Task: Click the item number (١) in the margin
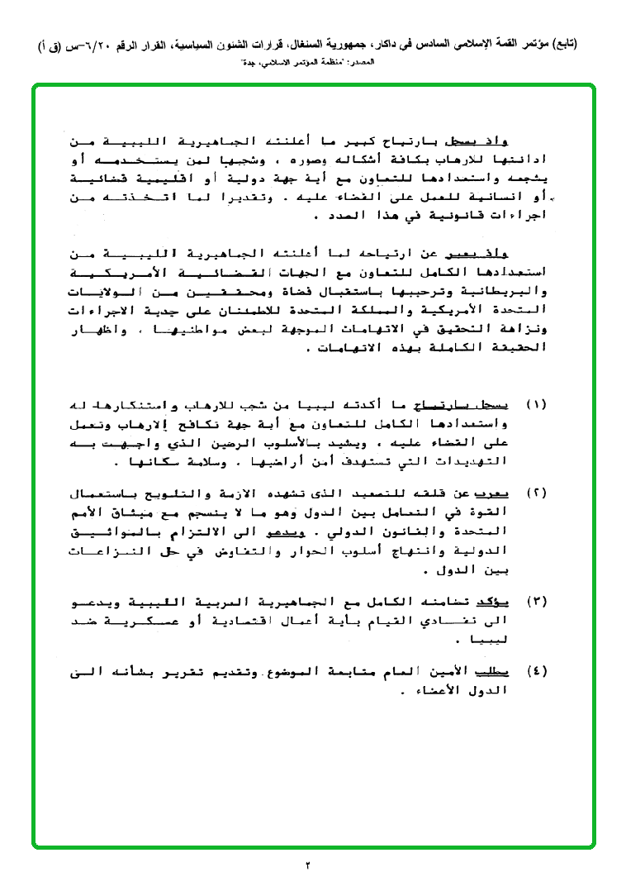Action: [x=536, y=406]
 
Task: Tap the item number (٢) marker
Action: [x=536, y=494]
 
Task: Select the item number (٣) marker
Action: [x=536, y=601]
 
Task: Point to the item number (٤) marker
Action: [x=536, y=671]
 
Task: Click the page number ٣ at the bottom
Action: [x=308, y=865]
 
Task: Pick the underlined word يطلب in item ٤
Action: [x=495, y=671]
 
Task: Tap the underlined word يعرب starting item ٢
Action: [x=495, y=494]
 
